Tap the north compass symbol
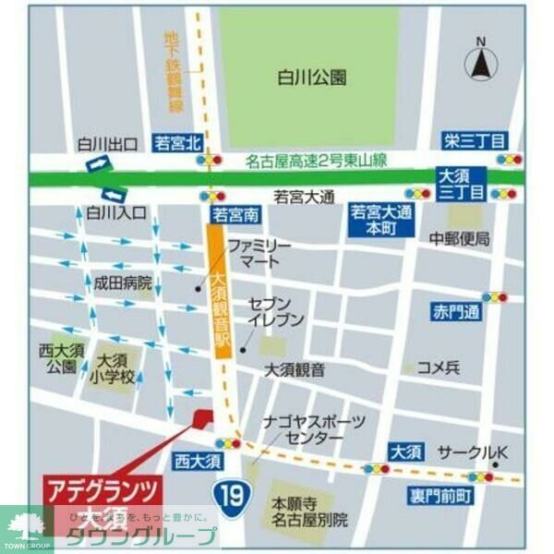(481, 62)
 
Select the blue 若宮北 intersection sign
(177, 142)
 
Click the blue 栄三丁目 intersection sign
(473, 140)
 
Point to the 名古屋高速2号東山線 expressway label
(317, 161)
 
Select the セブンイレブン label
(274, 311)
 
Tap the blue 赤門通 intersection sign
(456, 311)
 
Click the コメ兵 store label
(439, 367)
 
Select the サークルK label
(486, 452)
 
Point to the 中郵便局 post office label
(459, 239)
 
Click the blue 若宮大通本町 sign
(381, 220)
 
